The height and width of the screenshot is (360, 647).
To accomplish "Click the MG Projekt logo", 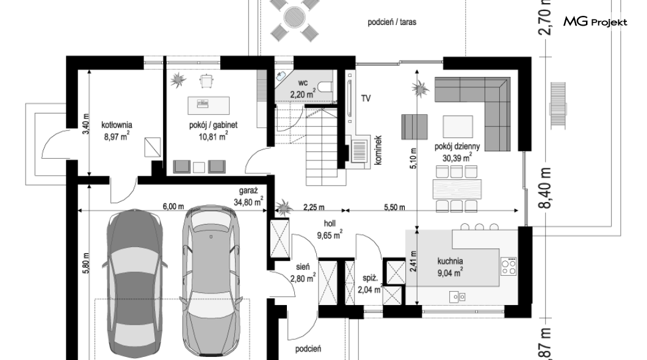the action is point(595,22).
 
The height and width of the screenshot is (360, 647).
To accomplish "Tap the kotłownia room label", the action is point(117,124).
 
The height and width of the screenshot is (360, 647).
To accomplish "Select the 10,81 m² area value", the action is point(213,137).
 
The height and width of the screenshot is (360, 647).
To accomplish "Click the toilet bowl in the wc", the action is point(327,87).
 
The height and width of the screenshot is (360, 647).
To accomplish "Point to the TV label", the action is point(366,98).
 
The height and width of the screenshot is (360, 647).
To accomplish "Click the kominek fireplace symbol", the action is point(360,151).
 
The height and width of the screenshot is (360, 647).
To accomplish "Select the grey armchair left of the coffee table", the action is point(414,126).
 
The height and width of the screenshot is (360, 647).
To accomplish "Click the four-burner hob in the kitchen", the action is point(509,266).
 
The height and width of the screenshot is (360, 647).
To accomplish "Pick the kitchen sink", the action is point(458,296).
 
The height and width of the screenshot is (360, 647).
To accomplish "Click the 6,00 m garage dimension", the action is point(173,207).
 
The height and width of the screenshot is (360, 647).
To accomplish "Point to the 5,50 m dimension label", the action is point(394,207).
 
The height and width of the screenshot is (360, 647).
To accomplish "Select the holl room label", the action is point(330,223).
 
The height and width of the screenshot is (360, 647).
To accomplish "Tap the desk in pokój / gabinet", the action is point(208,105).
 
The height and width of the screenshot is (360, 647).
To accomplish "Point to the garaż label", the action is point(248,190).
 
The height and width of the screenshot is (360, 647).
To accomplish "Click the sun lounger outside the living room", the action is point(558,106).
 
